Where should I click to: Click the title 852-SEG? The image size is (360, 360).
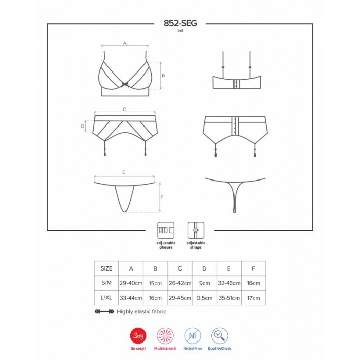[180, 23]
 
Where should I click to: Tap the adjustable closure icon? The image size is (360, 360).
[166, 230]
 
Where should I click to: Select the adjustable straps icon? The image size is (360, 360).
[196, 230]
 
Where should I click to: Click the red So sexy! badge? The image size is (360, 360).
[138, 336]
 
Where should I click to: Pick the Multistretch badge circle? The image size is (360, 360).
[165, 336]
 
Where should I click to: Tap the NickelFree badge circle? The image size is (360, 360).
[193, 336]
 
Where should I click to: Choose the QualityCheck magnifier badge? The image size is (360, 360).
[220, 336]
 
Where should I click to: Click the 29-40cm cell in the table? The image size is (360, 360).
[131, 283]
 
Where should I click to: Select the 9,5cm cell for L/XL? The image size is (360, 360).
[204, 298]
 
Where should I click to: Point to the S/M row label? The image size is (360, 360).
[106, 283]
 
